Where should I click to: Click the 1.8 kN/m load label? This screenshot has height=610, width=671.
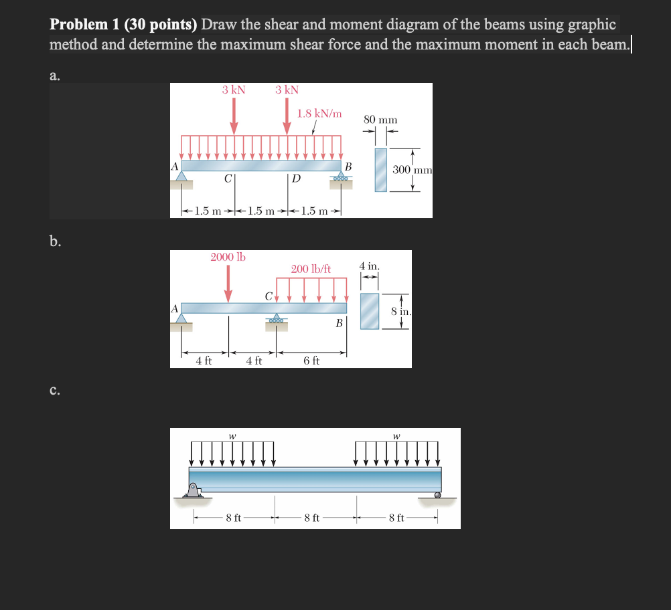(319, 114)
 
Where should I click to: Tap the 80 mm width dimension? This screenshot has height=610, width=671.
(380, 120)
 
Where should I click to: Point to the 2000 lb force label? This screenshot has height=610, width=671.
(228, 257)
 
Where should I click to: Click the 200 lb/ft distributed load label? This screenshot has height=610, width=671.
(311, 269)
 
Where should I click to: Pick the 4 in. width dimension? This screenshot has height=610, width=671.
(370, 266)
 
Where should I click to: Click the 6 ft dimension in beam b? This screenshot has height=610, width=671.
(311, 361)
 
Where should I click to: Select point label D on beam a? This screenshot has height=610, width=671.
(296, 179)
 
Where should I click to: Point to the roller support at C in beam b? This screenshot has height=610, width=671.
(275, 320)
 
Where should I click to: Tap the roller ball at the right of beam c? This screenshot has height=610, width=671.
(437, 496)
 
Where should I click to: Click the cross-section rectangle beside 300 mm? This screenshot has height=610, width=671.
(380, 170)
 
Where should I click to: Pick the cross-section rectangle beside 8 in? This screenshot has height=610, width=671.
(370, 311)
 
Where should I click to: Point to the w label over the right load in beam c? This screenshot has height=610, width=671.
(396, 436)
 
